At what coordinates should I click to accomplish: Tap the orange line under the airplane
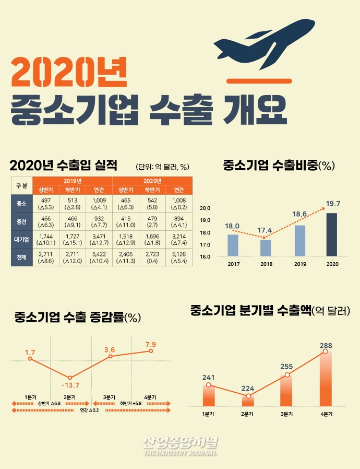pos(254,81)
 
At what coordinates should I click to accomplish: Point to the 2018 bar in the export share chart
pos(265,248)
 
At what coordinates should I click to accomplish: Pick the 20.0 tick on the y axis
pos(205,208)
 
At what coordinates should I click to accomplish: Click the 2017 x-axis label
pos(233,264)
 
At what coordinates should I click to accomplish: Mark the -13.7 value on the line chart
pos(70,385)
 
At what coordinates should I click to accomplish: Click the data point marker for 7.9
pos(151,351)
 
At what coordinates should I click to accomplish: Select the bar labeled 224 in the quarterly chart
pos(248,401)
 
